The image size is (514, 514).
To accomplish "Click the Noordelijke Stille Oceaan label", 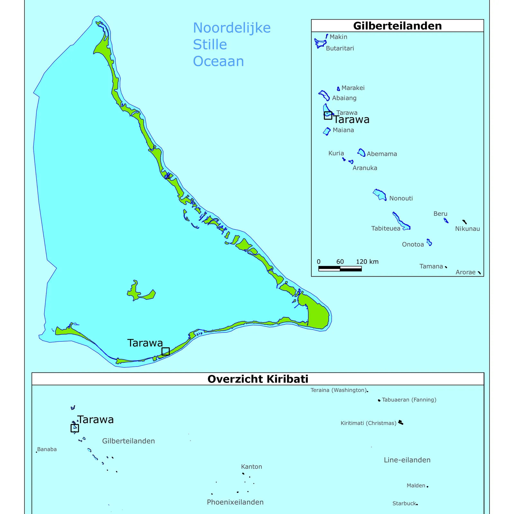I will pyautogui.click(x=231, y=44).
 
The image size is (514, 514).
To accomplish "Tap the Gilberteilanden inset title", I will pyautogui.click(x=397, y=26).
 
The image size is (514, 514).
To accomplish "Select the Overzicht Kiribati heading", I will pyautogui.click(x=258, y=379).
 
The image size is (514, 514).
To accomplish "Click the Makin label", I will pyautogui.click(x=338, y=37).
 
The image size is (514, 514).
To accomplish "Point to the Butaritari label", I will pyautogui.click(x=340, y=49).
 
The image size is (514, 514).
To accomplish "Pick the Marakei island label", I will pyautogui.click(x=353, y=88).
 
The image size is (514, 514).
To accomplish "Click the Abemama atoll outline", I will pyautogui.click(x=361, y=153).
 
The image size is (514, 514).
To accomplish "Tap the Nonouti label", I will pyautogui.click(x=401, y=199).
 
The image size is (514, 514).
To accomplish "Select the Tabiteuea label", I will pyautogui.click(x=385, y=228).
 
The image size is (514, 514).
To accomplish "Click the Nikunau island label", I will pyautogui.click(x=467, y=229).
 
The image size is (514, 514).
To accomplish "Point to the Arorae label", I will pyautogui.click(x=465, y=272).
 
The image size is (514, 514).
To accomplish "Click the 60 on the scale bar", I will pyautogui.click(x=340, y=262).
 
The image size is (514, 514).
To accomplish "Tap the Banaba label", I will pyautogui.click(x=47, y=449).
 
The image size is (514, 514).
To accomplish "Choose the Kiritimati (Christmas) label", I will pyautogui.click(x=368, y=423).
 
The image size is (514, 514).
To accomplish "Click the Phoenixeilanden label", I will pyautogui.click(x=235, y=502).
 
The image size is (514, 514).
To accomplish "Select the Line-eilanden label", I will pyautogui.click(x=407, y=460).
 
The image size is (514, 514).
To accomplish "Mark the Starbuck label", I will pyautogui.click(x=404, y=503).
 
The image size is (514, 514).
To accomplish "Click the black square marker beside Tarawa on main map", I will pyautogui.click(x=165, y=351).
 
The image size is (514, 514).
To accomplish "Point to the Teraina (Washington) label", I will pyautogui.click(x=338, y=390).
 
